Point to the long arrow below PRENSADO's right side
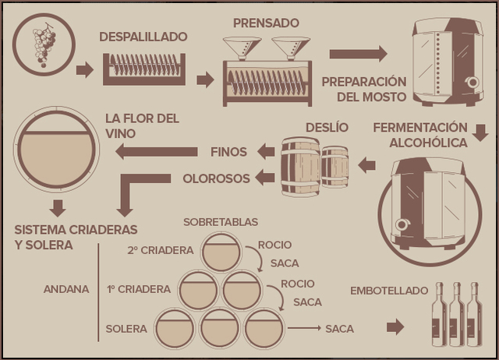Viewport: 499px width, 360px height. point(358,54)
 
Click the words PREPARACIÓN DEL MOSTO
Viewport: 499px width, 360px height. point(364,89)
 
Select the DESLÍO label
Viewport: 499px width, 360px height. point(327,127)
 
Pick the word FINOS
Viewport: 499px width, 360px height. point(228,151)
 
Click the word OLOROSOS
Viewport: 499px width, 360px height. point(217,178)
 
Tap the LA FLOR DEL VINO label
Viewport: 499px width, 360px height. point(143,125)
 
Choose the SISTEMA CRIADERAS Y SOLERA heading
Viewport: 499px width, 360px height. point(76,237)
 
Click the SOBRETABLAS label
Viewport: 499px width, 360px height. point(221,222)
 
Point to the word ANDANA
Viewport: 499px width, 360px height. point(66,289)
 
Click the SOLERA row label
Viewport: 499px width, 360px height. point(126,329)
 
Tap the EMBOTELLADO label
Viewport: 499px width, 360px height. point(389,291)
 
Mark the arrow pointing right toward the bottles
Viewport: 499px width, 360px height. point(396,327)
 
